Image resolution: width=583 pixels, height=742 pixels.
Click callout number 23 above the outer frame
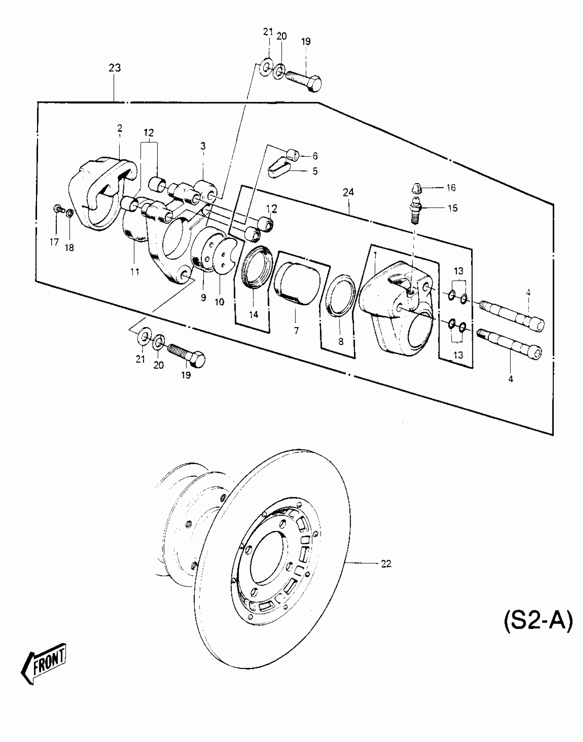[x=115, y=68]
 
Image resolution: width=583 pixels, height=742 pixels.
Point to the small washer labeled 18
[x=69, y=214]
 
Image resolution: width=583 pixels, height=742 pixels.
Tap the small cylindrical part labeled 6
[x=293, y=155]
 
